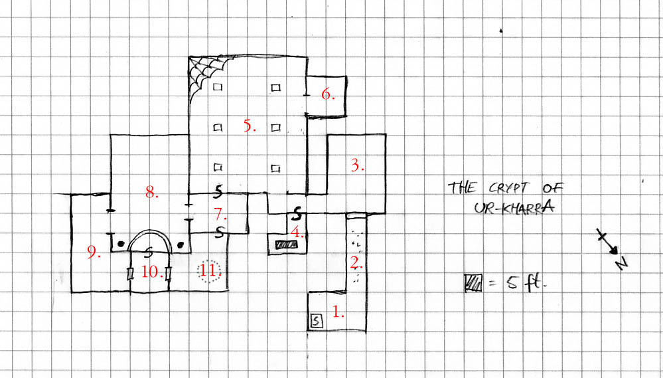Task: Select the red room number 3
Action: [x=357, y=166]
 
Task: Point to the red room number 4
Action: [x=299, y=233]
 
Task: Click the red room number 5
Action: [x=249, y=126]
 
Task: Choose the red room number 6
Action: [x=327, y=94]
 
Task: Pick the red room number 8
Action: [x=152, y=193]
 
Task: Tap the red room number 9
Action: [x=94, y=252]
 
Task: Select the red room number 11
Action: [x=208, y=271]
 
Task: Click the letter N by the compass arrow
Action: [x=622, y=264]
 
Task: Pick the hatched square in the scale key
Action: [x=473, y=282]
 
